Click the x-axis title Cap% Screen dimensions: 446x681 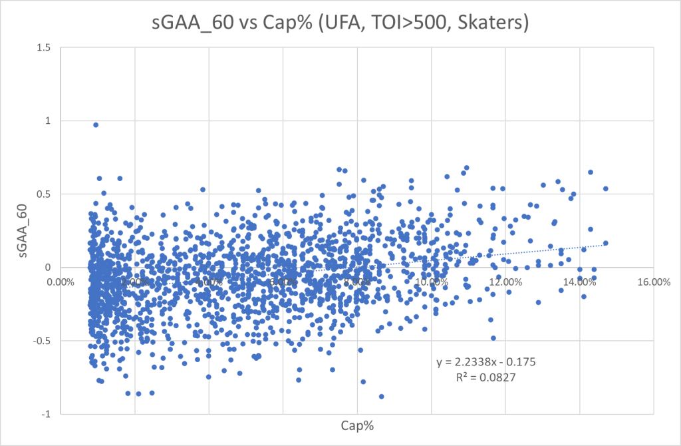point(356,425)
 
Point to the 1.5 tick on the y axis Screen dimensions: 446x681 point(46,48)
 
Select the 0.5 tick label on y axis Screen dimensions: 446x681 point(46,194)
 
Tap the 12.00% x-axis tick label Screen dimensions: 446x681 point(505,282)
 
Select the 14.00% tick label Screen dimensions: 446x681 point(579,282)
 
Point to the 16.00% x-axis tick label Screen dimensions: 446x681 point(652,282)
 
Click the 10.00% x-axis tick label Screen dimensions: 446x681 point(431,282)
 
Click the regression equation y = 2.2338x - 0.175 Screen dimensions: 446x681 point(486,363)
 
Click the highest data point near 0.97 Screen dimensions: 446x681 point(96,124)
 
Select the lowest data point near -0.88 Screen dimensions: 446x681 point(381,396)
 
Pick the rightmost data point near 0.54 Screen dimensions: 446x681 point(606,188)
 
